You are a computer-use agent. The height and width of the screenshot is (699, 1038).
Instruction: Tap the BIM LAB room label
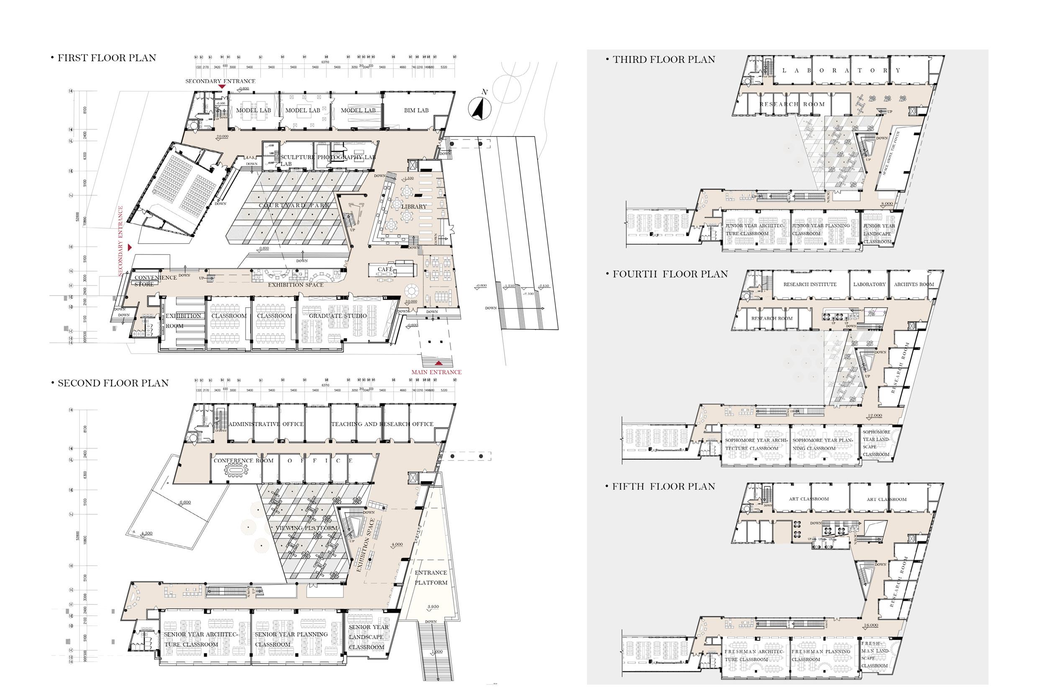(x=416, y=111)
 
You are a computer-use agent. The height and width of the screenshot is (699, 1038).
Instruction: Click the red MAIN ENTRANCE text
(x=436, y=372)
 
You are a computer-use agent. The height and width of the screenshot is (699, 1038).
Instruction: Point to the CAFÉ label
(x=385, y=269)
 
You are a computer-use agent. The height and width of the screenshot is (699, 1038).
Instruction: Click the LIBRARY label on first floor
(x=414, y=206)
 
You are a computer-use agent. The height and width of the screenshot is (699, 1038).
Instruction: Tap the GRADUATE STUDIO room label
(x=338, y=316)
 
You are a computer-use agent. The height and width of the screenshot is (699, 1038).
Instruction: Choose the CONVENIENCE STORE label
(x=149, y=281)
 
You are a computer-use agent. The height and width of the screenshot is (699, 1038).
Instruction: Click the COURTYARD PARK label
(x=295, y=206)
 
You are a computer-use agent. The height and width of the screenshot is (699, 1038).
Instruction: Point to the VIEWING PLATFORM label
(x=307, y=528)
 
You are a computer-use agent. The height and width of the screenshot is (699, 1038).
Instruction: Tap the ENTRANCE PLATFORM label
(x=431, y=578)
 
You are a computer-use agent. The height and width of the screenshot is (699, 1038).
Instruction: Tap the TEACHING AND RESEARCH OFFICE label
(x=382, y=424)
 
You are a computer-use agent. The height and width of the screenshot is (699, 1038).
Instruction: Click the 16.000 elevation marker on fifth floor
(x=871, y=625)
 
